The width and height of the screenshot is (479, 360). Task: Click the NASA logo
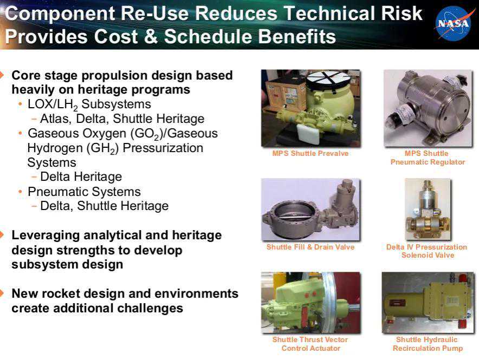click(x=453, y=23)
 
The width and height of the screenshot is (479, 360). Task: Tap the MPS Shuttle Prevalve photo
click(x=310, y=108)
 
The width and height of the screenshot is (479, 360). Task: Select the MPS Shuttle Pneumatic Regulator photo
click(x=428, y=108)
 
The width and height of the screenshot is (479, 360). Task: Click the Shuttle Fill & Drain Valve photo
click(x=310, y=210)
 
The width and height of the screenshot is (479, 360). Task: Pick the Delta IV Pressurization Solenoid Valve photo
click(x=428, y=210)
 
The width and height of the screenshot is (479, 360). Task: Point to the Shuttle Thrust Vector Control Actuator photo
click(x=310, y=302)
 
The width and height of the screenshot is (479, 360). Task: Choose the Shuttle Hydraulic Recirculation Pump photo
click(x=428, y=302)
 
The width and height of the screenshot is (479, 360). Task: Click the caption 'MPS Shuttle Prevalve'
click(x=310, y=153)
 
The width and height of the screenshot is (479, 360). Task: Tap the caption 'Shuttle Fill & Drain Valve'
click(x=310, y=247)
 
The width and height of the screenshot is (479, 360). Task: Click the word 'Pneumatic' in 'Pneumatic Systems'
click(x=58, y=192)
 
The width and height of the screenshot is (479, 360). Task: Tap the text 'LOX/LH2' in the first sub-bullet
click(x=53, y=104)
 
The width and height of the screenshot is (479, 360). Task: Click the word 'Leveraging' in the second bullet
click(x=45, y=236)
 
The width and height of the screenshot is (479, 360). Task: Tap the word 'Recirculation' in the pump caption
click(x=413, y=348)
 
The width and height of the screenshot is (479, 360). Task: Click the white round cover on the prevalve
click(x=329, y=80)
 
